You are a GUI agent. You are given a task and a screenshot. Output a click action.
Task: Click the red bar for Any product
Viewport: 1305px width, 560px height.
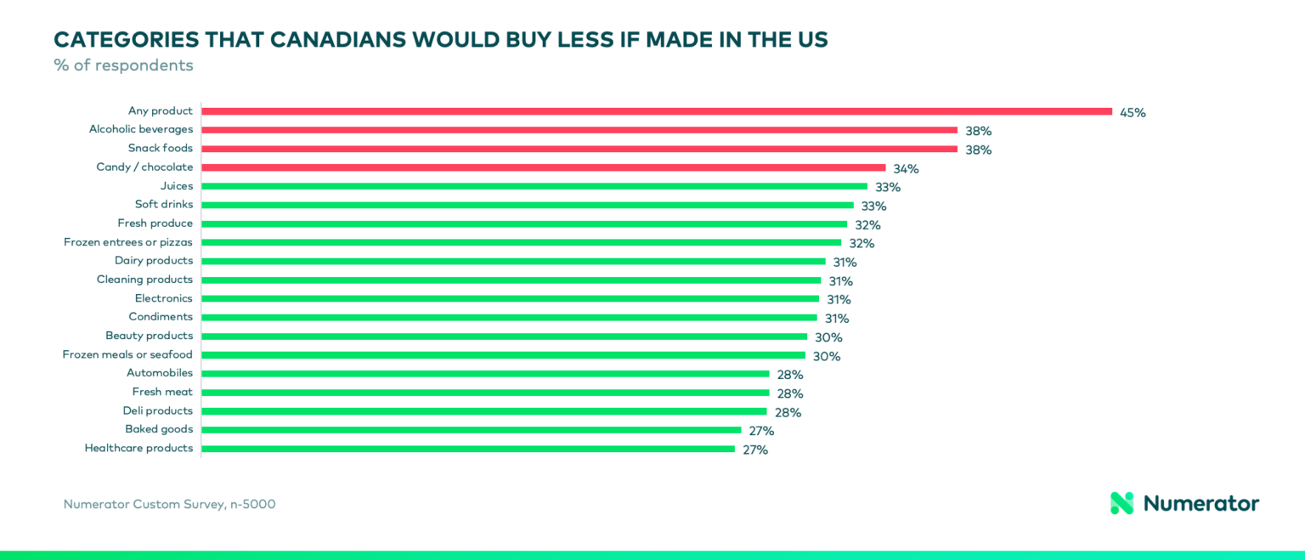(x=656, y=111)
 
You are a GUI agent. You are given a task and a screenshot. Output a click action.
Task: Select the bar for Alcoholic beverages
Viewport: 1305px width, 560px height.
(x=579, y=130)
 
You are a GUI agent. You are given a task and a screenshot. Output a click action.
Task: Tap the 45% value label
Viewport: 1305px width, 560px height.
(x=1133, y=112)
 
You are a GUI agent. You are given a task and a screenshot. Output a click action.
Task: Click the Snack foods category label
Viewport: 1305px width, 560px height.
(x=160, y=148)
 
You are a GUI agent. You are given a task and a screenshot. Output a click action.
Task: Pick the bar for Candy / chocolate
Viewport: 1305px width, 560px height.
(x=543, y=167)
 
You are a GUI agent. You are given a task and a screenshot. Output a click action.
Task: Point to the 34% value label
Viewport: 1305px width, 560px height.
(x=906, y=168)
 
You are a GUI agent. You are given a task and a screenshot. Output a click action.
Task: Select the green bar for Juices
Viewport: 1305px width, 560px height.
(x=534, y=186)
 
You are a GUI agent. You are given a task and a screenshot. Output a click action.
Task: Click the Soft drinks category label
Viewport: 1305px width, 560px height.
(x=163, y=204)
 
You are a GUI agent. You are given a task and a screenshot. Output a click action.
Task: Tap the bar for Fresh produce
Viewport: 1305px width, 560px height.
(x=523, y=223)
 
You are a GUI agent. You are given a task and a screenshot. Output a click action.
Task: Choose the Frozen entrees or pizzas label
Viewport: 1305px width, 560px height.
(x=127, y=242)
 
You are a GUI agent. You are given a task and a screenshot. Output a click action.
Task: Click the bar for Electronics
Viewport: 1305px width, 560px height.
(x=510, y=298)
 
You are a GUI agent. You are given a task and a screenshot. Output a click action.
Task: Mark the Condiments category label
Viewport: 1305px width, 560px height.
(x=161, y=317)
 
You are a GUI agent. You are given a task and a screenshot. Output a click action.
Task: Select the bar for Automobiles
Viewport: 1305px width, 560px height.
(x=484, y=373)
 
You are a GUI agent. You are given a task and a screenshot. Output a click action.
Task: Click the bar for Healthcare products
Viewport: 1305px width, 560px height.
(x=467, y=449)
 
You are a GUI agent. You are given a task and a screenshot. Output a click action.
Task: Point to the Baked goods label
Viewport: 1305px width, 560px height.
(x=159, y=429)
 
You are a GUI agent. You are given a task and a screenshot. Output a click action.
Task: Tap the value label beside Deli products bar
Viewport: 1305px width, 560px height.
(x=788, y=412)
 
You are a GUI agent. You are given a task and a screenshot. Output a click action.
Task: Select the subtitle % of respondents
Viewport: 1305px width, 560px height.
(x=123, y=65)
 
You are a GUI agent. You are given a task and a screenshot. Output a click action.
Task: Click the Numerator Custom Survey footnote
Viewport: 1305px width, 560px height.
(x=169, y=504)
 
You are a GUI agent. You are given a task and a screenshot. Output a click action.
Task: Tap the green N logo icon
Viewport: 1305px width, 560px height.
(x=1121, y=503)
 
